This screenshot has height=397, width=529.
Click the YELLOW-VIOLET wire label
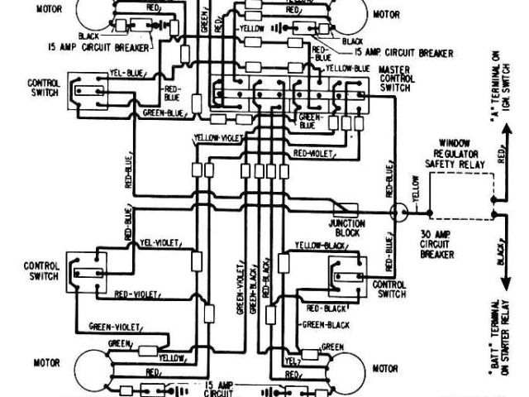point(218,138)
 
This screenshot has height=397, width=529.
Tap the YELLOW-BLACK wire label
point(306,246)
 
